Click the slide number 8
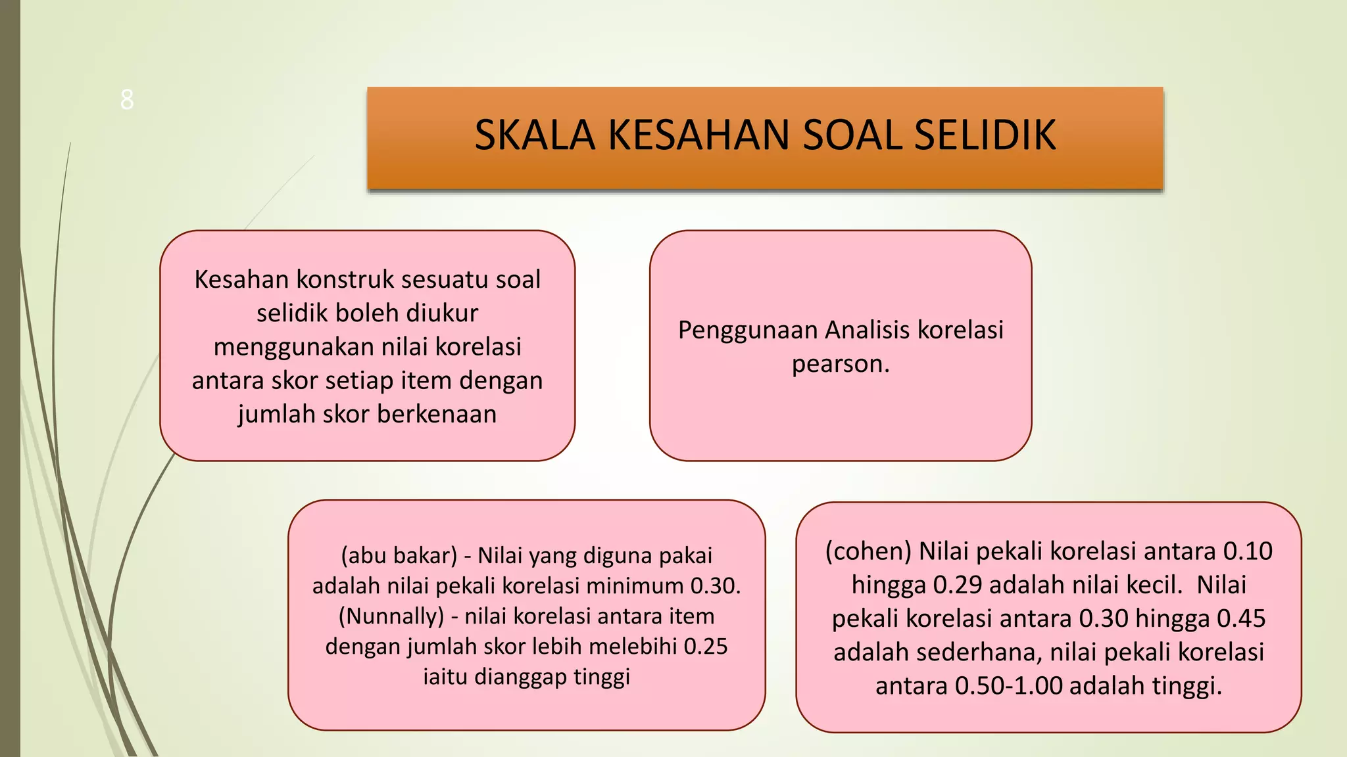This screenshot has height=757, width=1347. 127,101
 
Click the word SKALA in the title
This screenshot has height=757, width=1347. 534,135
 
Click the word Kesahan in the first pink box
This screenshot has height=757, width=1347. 241,280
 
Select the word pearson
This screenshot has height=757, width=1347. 840,364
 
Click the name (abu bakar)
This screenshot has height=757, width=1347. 399,556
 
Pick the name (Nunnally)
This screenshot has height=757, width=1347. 391,616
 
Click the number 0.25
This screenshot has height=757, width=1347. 705,647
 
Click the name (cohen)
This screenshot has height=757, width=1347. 868,551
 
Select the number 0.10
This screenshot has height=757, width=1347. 1247,551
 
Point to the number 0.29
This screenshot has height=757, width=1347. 958,585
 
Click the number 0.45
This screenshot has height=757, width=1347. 1241,619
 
